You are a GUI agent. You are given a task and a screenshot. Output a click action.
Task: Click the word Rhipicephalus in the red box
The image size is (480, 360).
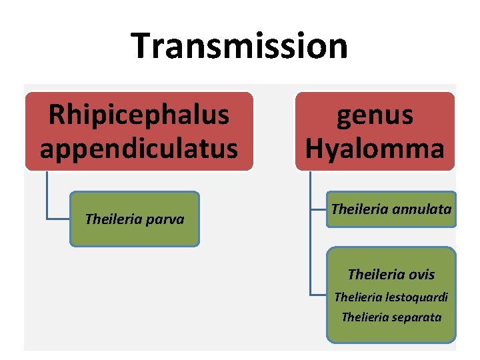(139, 115)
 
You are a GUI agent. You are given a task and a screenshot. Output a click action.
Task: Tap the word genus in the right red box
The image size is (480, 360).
(375, 115)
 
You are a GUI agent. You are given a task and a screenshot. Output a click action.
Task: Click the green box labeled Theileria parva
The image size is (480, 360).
(135, 219)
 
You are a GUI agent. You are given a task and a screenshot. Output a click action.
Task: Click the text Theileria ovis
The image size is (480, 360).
(391, 274)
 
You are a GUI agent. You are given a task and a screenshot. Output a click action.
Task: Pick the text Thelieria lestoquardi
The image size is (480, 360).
(391, 297)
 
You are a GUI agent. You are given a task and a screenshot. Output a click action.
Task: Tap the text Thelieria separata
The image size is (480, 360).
(391, 317)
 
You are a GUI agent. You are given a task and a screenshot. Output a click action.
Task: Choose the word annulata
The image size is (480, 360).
(424, 209)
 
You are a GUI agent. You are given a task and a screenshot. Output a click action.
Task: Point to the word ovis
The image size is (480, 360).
(422, 274)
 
